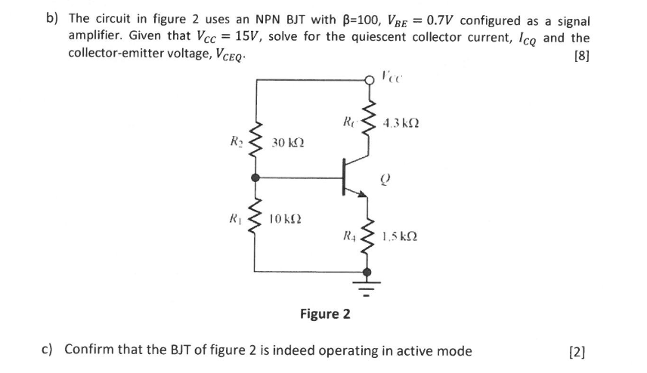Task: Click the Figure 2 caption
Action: [x=325, y=313]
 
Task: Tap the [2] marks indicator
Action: [x=580, y=350]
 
